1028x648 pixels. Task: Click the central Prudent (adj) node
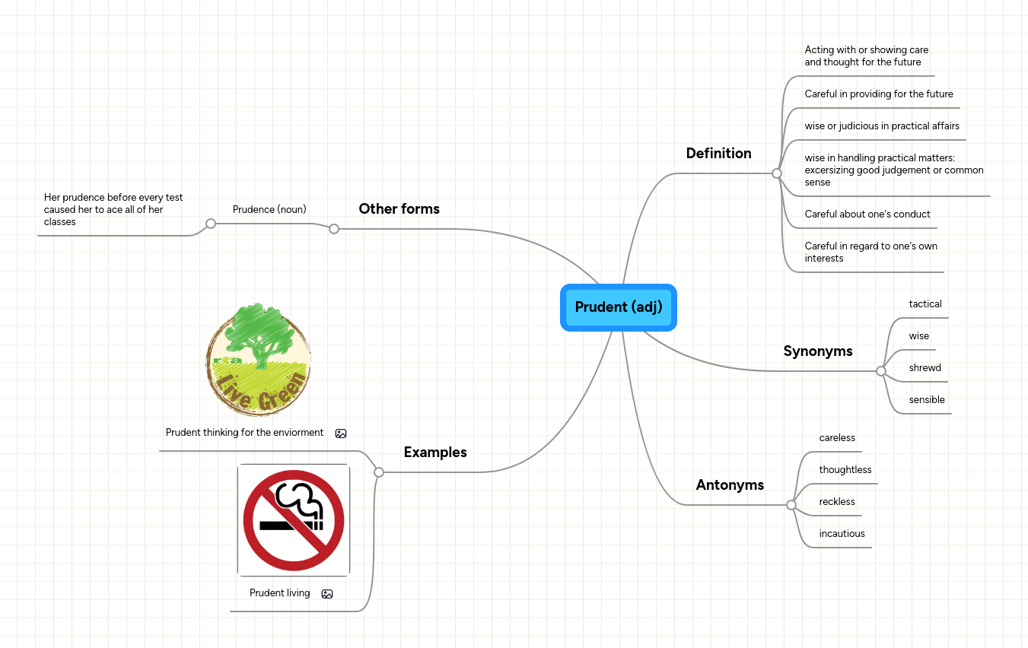(618, 307)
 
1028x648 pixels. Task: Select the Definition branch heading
(718, 154)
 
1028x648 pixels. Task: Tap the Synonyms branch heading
(817, 351)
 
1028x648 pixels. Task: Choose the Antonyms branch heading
(730, 485)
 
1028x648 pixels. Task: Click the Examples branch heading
(434, 453)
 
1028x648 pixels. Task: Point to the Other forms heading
(399, 209)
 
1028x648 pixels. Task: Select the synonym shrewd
(925, 368)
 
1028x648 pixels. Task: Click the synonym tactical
(925, 304)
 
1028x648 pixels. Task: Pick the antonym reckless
(836, 502)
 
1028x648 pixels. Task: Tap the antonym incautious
(842, 534)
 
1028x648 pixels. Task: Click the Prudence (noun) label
(269, 209)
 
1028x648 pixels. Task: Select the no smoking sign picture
(294, 520)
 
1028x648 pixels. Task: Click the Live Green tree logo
(258, 359)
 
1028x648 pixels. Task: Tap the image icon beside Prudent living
(327, 594)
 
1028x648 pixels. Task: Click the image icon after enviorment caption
(341, 434)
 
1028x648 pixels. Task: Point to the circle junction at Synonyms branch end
(880, 371)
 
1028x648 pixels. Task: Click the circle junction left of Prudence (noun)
(211, 224)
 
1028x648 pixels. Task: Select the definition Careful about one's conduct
(867, 214)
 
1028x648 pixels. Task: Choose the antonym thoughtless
(845, 470)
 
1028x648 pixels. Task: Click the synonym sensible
(926, 400)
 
